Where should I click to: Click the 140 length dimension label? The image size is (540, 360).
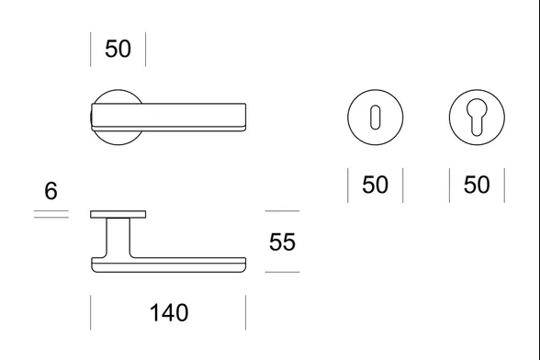[169, 313]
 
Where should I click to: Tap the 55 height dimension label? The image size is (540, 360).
[282, 242]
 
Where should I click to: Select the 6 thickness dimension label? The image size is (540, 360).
[51, 190]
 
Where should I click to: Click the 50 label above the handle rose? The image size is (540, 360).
[118, 49]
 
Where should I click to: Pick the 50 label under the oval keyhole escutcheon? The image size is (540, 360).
[375, 185]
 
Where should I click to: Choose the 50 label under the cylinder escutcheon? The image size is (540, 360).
[477, 185]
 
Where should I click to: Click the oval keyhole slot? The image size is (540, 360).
[375, 118]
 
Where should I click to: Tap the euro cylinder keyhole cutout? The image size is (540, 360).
[477, 118]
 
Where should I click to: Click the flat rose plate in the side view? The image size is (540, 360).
[118, 214]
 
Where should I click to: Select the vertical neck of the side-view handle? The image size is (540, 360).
[118, 238]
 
